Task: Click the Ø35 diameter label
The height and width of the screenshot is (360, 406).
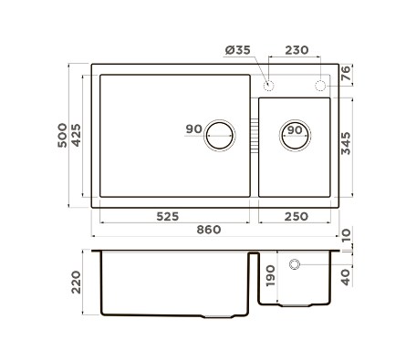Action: point(237,50)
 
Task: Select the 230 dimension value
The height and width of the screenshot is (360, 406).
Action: point(297,50)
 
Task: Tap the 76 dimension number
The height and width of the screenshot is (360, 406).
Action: point(346,73)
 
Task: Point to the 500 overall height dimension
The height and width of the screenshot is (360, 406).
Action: point(62,135)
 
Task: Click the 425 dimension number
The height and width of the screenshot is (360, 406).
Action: point(76,135)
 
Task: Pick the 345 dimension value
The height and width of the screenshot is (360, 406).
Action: point(346,143)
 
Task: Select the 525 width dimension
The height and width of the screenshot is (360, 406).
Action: point(168,217)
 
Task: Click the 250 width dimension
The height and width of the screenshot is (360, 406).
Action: point(297,217)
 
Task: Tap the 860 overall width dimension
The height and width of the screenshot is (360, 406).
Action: point(209,230)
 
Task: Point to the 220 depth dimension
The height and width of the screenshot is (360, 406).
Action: point(76,283)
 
